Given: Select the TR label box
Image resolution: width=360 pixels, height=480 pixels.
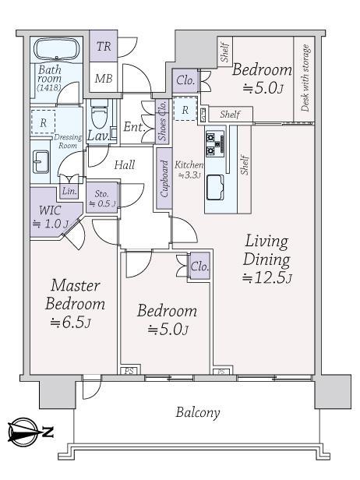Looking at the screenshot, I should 104,47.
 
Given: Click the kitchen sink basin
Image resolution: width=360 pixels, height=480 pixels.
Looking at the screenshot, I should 216,188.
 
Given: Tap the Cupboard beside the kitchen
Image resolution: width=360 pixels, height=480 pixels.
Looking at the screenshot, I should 164,184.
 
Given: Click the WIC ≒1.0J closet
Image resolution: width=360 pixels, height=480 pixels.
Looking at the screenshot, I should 50,217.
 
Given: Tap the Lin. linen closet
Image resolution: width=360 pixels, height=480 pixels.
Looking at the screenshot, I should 69,192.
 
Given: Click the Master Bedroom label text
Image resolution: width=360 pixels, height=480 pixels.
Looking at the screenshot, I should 74,294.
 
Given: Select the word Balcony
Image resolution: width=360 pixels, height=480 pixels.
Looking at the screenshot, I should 197,412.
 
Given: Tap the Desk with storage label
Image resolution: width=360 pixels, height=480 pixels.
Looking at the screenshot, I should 305,79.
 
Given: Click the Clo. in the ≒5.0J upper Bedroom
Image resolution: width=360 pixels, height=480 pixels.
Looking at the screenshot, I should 185,79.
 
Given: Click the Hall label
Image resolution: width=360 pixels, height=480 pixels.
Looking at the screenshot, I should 125,164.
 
